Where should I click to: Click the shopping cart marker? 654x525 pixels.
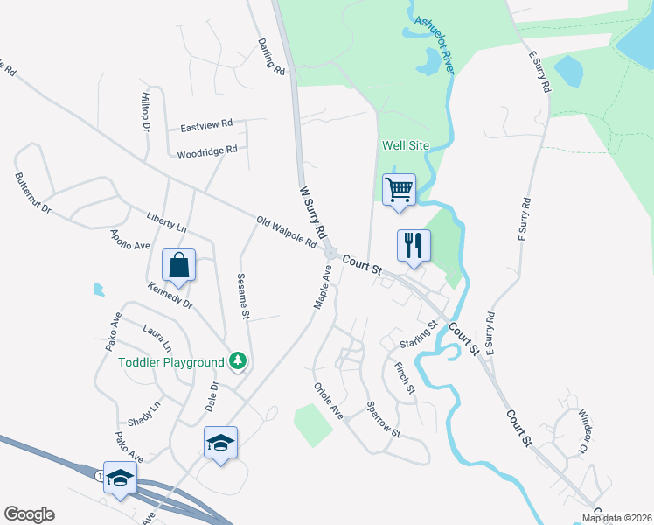399,189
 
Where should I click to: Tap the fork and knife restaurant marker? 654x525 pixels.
414,245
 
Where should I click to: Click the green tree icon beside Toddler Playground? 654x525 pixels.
236,360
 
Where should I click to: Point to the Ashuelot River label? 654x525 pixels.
434,45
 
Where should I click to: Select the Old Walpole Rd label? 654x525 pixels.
286,232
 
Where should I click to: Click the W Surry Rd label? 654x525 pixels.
312,212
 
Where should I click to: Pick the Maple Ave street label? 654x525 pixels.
323,287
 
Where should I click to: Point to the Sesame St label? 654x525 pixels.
244,297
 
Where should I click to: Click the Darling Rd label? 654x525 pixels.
272,55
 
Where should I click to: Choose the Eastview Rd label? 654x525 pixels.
206,126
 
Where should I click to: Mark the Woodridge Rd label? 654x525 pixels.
207,150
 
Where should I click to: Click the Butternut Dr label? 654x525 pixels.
33,193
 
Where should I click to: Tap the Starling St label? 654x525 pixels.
418,334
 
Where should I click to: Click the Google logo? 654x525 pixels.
29,514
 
